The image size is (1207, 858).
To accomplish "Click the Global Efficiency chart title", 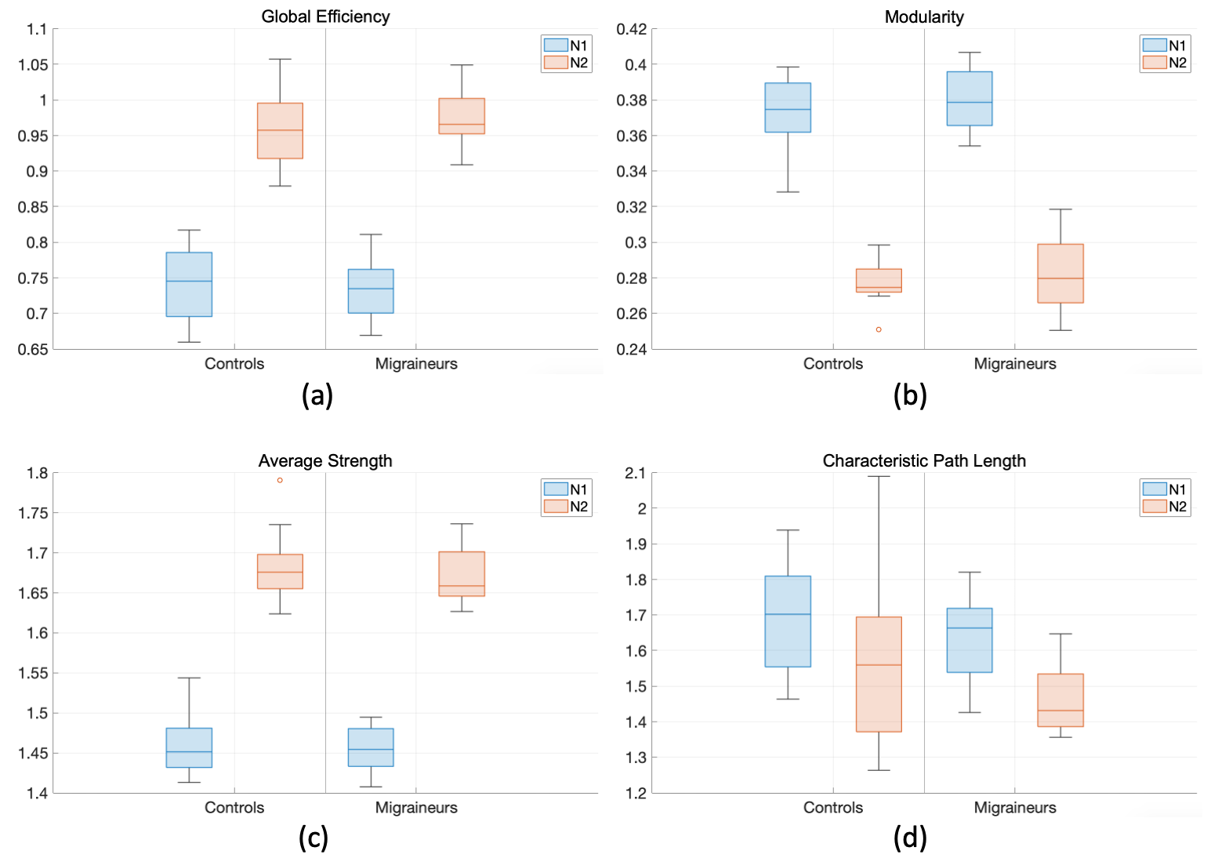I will pyautogui.click(x=325, y=16).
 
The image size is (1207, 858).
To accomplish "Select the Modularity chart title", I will pyautogui.click(x=924, y=16).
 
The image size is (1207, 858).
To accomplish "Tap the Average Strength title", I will pyautogui.click(x=325, y=460).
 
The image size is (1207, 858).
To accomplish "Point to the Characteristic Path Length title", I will pyautogui.click(x=924, y=460).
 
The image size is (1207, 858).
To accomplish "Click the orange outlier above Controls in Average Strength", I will pyautogui.click(x=280, y=480).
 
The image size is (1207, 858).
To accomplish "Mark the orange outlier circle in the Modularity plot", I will pyautogui.click(x=879, y=329).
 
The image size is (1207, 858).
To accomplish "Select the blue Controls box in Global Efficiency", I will pyautogui.click(x=189, y=284).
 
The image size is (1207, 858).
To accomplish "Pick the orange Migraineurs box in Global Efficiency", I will pyautogui.click(x=462, y=116).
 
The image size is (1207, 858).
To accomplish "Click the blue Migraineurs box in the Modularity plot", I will pyautogui.click(x=970, y=99).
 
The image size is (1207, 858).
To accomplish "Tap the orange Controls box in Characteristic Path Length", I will pyautogui.click(x=879, y=674).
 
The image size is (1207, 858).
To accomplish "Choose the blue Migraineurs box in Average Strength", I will pyautogui.click(x=371, y=747).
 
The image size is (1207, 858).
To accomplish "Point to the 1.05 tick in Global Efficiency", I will pyautogui.click(x=33, y=65).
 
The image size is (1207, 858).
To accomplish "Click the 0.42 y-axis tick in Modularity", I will pyautogui.click(x=632, y=30).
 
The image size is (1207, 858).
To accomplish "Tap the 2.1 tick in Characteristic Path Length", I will pyautogui.click(x=636, y=473).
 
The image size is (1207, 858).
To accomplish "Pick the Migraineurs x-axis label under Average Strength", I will pyautogui.click(x=416, y=807).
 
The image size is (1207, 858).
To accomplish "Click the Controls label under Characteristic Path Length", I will pyautogui.click(x=833, y=807).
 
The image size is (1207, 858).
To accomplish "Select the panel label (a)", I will pyautogui.click(x=317, y=394).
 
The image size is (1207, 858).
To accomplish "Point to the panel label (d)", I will pyautogui.click(x=910, y=838).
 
